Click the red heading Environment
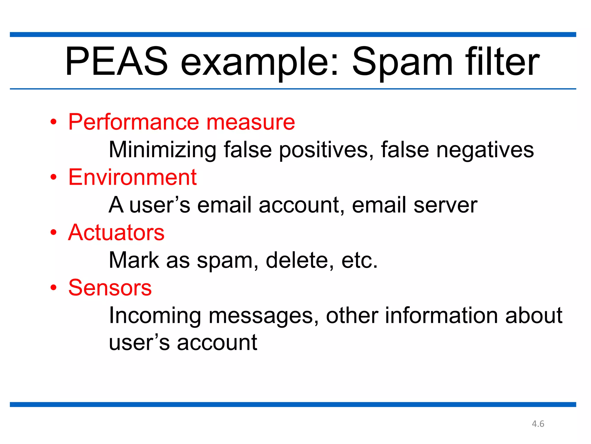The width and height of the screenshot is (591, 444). [x=132, y=177]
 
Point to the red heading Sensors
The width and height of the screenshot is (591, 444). [x=110, y=288]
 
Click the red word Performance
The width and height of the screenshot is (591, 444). [x=134, y=122]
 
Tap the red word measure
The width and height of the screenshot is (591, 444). [x=250, y=122]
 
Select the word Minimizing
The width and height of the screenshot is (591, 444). [x=162, y=150]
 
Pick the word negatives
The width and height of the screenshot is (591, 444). [x=485, y=150]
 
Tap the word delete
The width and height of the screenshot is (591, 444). [x=300, y=260]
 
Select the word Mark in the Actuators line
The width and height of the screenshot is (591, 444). [x=134, y=260]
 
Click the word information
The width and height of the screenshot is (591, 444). [x=442, y=315]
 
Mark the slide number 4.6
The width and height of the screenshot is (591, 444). [x=538, y=424]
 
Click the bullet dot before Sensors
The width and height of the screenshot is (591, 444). [x=53, y=288]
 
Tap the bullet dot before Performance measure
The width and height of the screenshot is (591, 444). [x=53, y=122]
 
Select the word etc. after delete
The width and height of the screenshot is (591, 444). [x=359, y=260]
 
